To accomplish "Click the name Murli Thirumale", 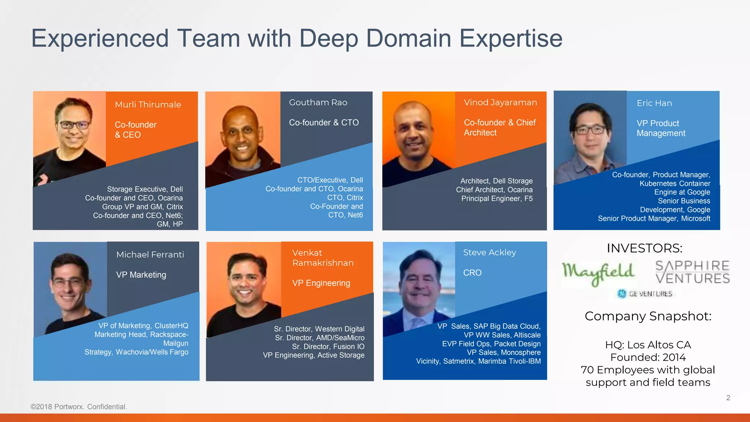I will (x=148, y=105).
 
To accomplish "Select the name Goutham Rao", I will (x=318, y=103).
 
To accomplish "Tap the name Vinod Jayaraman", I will (x=500, y=103).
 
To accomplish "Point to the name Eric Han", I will (x=654, y=103).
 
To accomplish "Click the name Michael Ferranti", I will (x=150, y=255).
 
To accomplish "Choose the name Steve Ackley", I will (x=489, y=252).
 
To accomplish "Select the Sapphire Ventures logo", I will (x=692, y=272).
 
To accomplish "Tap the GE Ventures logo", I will (x=645, y=294).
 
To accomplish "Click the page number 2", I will (x=728, y=398).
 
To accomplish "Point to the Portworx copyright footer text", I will (x=79, y=407).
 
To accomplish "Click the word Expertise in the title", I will (x=511, y=38).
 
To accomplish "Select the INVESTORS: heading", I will (x=645, y=248).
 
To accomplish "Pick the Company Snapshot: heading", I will (x=648, y=316).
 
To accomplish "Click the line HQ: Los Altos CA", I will (x=648, y=345).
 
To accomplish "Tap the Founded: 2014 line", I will (x=648, y=357).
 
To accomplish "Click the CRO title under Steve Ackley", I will (x=472, y=273).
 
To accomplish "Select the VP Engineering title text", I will (x=321, y=283).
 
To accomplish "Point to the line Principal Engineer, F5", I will (x=497, y=199).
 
